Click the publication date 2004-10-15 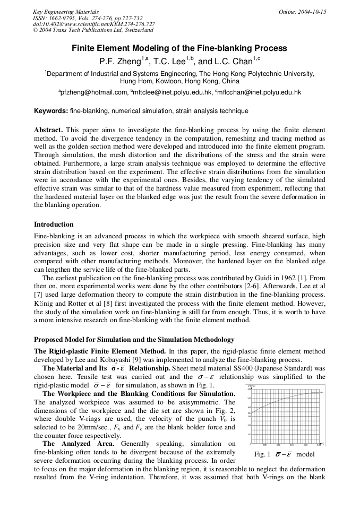[310, 12]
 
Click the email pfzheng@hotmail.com [93, 92]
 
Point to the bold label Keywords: [51, 111]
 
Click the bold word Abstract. [48, 130]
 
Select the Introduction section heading [54, 225]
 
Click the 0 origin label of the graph [251, 445]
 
